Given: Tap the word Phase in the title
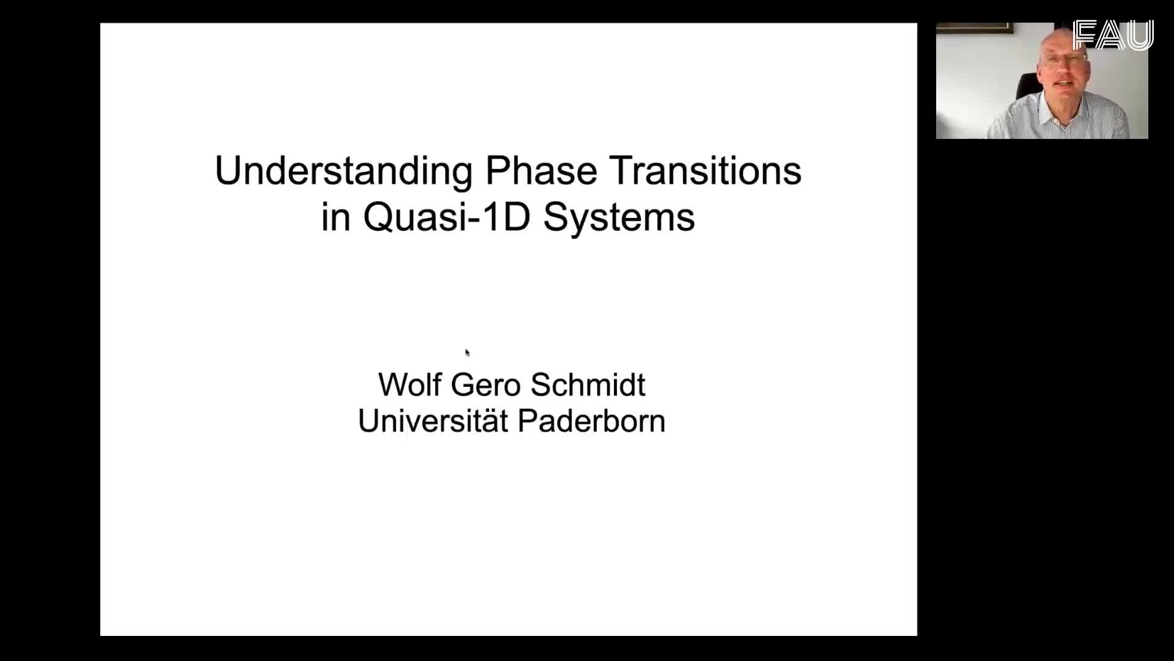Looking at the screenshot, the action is tap(541, 171).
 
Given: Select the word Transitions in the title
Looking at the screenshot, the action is tap(706, 171).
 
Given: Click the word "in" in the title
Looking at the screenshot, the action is tap(336, 217).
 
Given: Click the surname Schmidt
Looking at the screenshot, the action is tap(588, 384).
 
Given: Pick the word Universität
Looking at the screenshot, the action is tap(433, 420).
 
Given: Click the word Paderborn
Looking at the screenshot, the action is tap(591, 420).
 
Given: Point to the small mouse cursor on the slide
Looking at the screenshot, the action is tap(467, 353).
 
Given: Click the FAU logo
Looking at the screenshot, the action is tap(1113, 35).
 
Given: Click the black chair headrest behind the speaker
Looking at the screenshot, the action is tap(1027, 86).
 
